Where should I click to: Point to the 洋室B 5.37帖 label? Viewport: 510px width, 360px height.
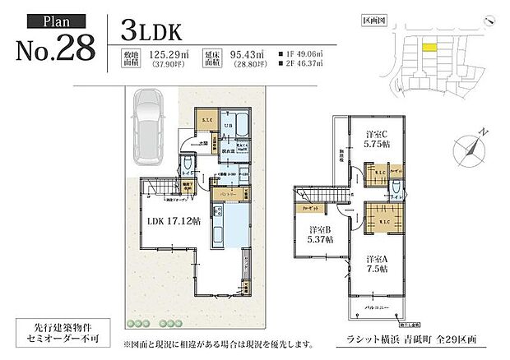coord(320,233)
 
